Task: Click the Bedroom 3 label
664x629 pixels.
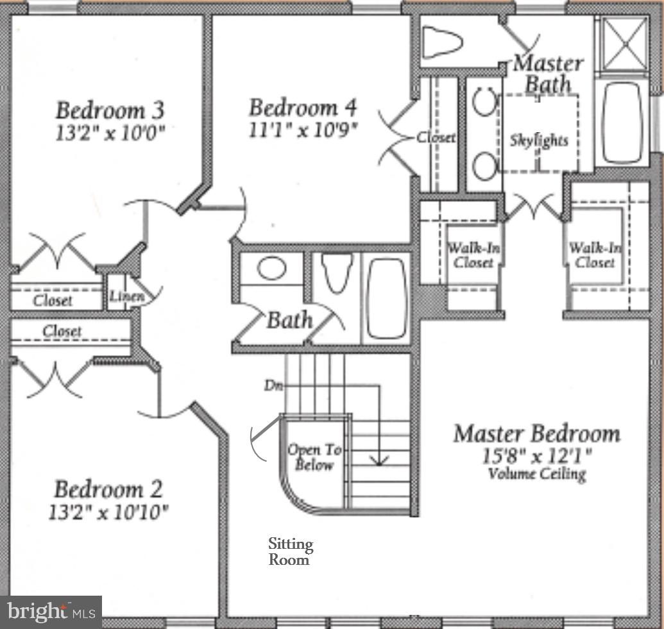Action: [110, 110]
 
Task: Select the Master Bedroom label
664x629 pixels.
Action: [536, 434]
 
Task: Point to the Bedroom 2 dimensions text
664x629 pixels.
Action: [108, 512]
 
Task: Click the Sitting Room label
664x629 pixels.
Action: [290, 551]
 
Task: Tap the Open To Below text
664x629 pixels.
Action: [311, 457]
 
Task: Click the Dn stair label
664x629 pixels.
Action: [270, 386]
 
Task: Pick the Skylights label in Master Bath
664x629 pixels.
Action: [539, 140]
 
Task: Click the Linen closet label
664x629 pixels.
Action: [124, 296]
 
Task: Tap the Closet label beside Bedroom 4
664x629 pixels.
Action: [436, 137]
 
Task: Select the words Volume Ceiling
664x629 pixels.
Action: [536, 474]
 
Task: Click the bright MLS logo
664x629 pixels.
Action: [50, 612]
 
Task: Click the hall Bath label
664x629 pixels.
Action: [290, 319]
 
